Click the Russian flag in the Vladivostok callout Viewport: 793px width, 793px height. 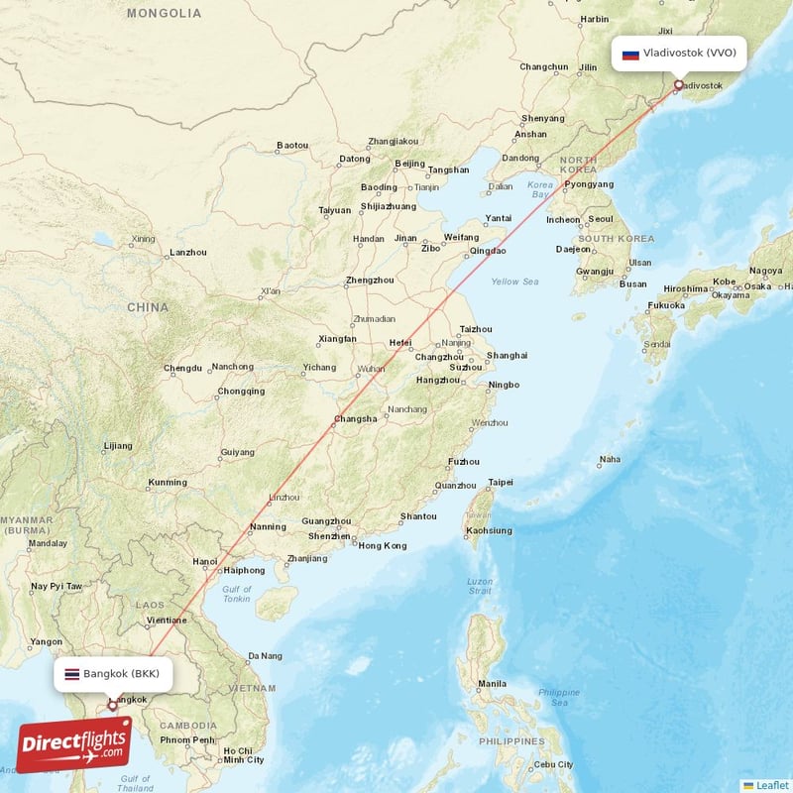point(630,54)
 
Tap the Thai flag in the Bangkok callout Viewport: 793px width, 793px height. point(71,674)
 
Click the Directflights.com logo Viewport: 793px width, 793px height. point(73,744)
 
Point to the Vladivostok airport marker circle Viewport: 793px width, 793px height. point(678,84)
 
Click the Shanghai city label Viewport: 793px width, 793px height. point(507,355)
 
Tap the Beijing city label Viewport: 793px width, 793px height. point(409,164)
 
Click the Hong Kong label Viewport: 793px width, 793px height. point(382,545)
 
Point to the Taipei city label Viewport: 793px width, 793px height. point(501,483)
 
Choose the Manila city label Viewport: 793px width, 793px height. point(492,684)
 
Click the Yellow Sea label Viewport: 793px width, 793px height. point(514,282)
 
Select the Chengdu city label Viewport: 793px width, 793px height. point(182,368)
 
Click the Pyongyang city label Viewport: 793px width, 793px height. point(589,184)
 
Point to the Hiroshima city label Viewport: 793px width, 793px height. point(686,288)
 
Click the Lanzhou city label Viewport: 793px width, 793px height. point(188,253)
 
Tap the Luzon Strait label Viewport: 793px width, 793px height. point(480,586)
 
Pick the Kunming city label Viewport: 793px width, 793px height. point(167,483)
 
